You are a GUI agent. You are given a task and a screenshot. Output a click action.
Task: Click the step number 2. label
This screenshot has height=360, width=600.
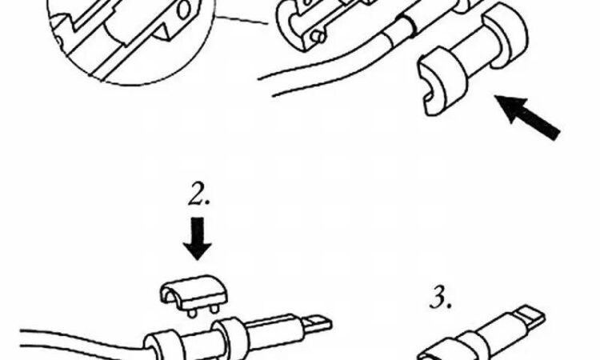(199, 194)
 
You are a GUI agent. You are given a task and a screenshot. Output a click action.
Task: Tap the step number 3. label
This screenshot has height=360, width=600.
(441, 298)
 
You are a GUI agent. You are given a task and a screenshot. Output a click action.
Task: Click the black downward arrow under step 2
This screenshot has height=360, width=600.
(198, 238)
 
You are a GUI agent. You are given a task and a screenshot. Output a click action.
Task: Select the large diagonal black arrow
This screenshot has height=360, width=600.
(528, 117)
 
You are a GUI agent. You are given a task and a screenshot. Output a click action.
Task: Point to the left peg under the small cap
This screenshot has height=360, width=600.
(192, 313)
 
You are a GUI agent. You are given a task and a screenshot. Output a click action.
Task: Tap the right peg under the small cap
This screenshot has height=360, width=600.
(214, 308)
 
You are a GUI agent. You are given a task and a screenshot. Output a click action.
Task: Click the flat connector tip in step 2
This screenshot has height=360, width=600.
(317, 322)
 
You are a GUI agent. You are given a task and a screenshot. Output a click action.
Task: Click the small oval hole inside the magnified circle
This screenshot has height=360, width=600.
(185, 10)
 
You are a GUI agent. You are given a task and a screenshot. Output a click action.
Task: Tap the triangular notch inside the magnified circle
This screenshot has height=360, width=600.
(162, 31)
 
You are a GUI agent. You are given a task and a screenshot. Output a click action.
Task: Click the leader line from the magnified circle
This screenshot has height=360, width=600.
(242, 20)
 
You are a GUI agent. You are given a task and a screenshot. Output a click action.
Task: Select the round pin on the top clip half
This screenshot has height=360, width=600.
(318, 37)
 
